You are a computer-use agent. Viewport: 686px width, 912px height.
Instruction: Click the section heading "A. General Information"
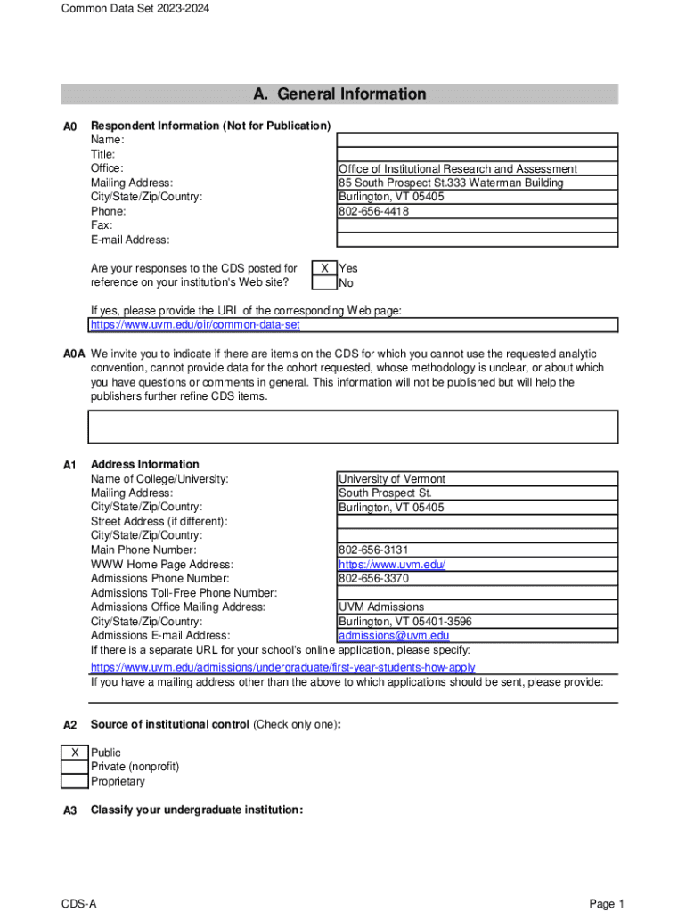click(x=339, y=94)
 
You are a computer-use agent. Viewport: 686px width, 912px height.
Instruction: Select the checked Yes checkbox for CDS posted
click(x=323, y=268)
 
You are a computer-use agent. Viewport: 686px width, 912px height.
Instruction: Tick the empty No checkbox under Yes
click(x=323, y=283)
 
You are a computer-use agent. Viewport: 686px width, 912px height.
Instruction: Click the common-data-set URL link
click(x=195, y=325)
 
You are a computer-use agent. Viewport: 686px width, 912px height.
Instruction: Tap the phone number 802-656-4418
click(x=373, y=212)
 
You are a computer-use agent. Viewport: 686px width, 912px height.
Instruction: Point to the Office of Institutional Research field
click(x=457, y=169)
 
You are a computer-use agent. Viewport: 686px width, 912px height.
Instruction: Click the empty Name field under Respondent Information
click(x=476, y=140)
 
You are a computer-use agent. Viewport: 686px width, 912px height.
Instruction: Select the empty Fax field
click(x=476, y=225)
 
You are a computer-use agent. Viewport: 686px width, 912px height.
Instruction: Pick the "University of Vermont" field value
click(x=392, y=479)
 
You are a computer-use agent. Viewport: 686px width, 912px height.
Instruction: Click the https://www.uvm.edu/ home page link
click(x=392, y=565)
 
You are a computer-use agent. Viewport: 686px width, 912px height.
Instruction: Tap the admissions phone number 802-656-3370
click(x=373, y=579)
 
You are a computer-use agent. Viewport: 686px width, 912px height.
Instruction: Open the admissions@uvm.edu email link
click(x=394, y=636)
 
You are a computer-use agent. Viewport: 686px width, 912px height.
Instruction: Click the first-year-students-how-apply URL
click(x=282, y=667)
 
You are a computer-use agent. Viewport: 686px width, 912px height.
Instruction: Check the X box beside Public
click(x=75, y=753)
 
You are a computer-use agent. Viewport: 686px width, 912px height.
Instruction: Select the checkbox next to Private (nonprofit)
click(x=75, y=768)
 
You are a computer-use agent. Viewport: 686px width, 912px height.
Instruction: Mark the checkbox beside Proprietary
click(x=75, y=782)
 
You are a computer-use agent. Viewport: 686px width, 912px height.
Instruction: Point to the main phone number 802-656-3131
click(x=373, y=550)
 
